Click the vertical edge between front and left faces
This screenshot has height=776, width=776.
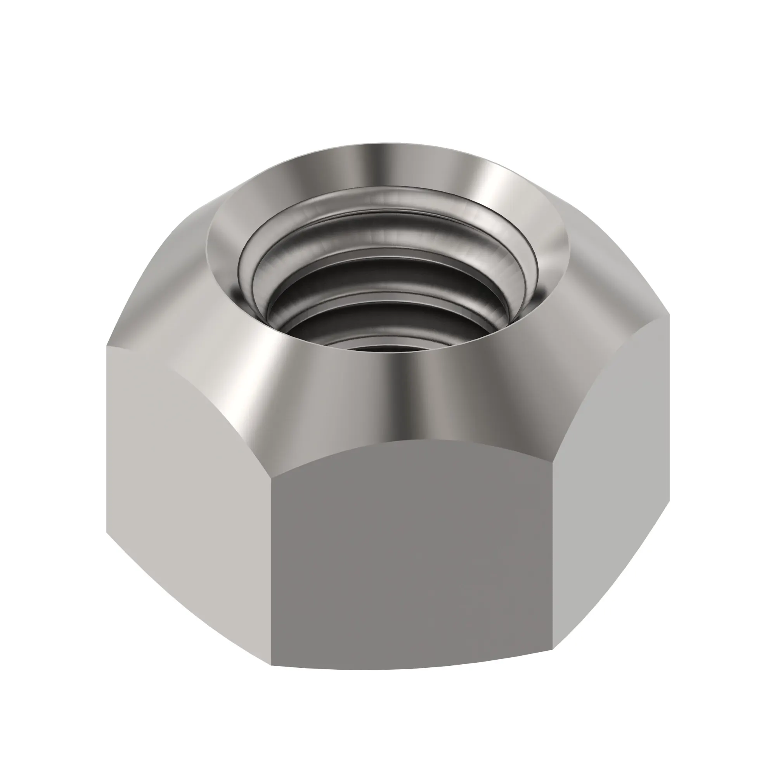[272, 562]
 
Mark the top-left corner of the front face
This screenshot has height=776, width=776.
[272, 478]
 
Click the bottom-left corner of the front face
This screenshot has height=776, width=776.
[272, 665]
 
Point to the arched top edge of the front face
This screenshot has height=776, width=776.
[414, 440]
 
